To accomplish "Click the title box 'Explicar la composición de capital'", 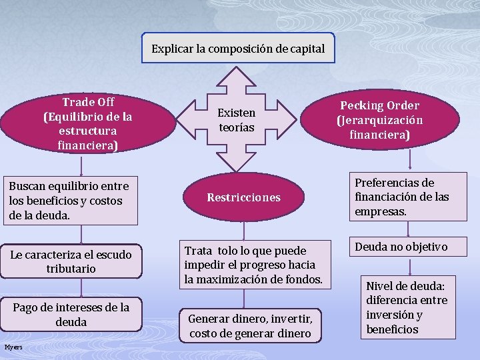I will tap(238, 49).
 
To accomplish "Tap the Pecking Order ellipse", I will tap(379, 120).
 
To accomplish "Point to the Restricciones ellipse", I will tap(243, 197).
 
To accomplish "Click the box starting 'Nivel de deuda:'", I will tap(407, 307).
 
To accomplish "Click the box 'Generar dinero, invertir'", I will tap(250, 326).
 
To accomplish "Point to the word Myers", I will tap(13, 347).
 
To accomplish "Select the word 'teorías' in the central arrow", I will tap(237, 127).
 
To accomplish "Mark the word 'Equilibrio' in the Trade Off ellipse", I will tap(75, 117).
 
